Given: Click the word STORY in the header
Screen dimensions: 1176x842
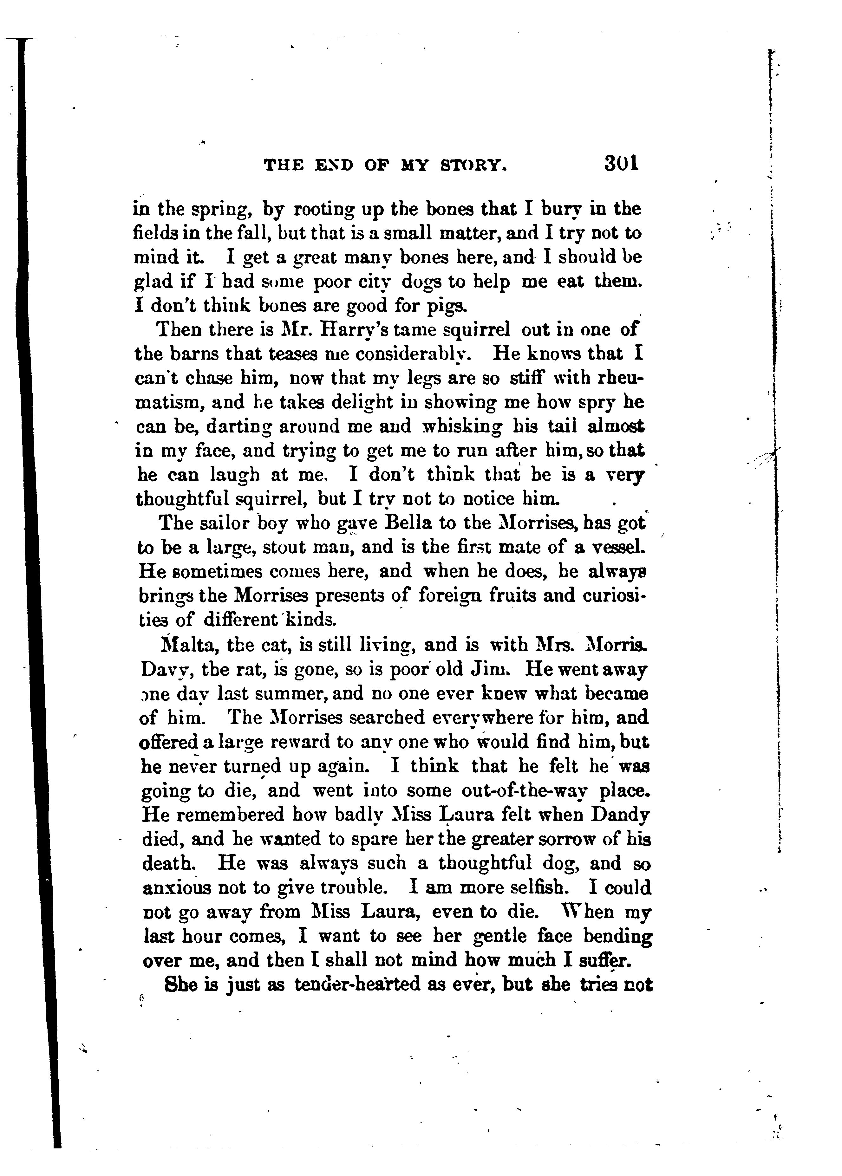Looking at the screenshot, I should (x=473, y=166).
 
